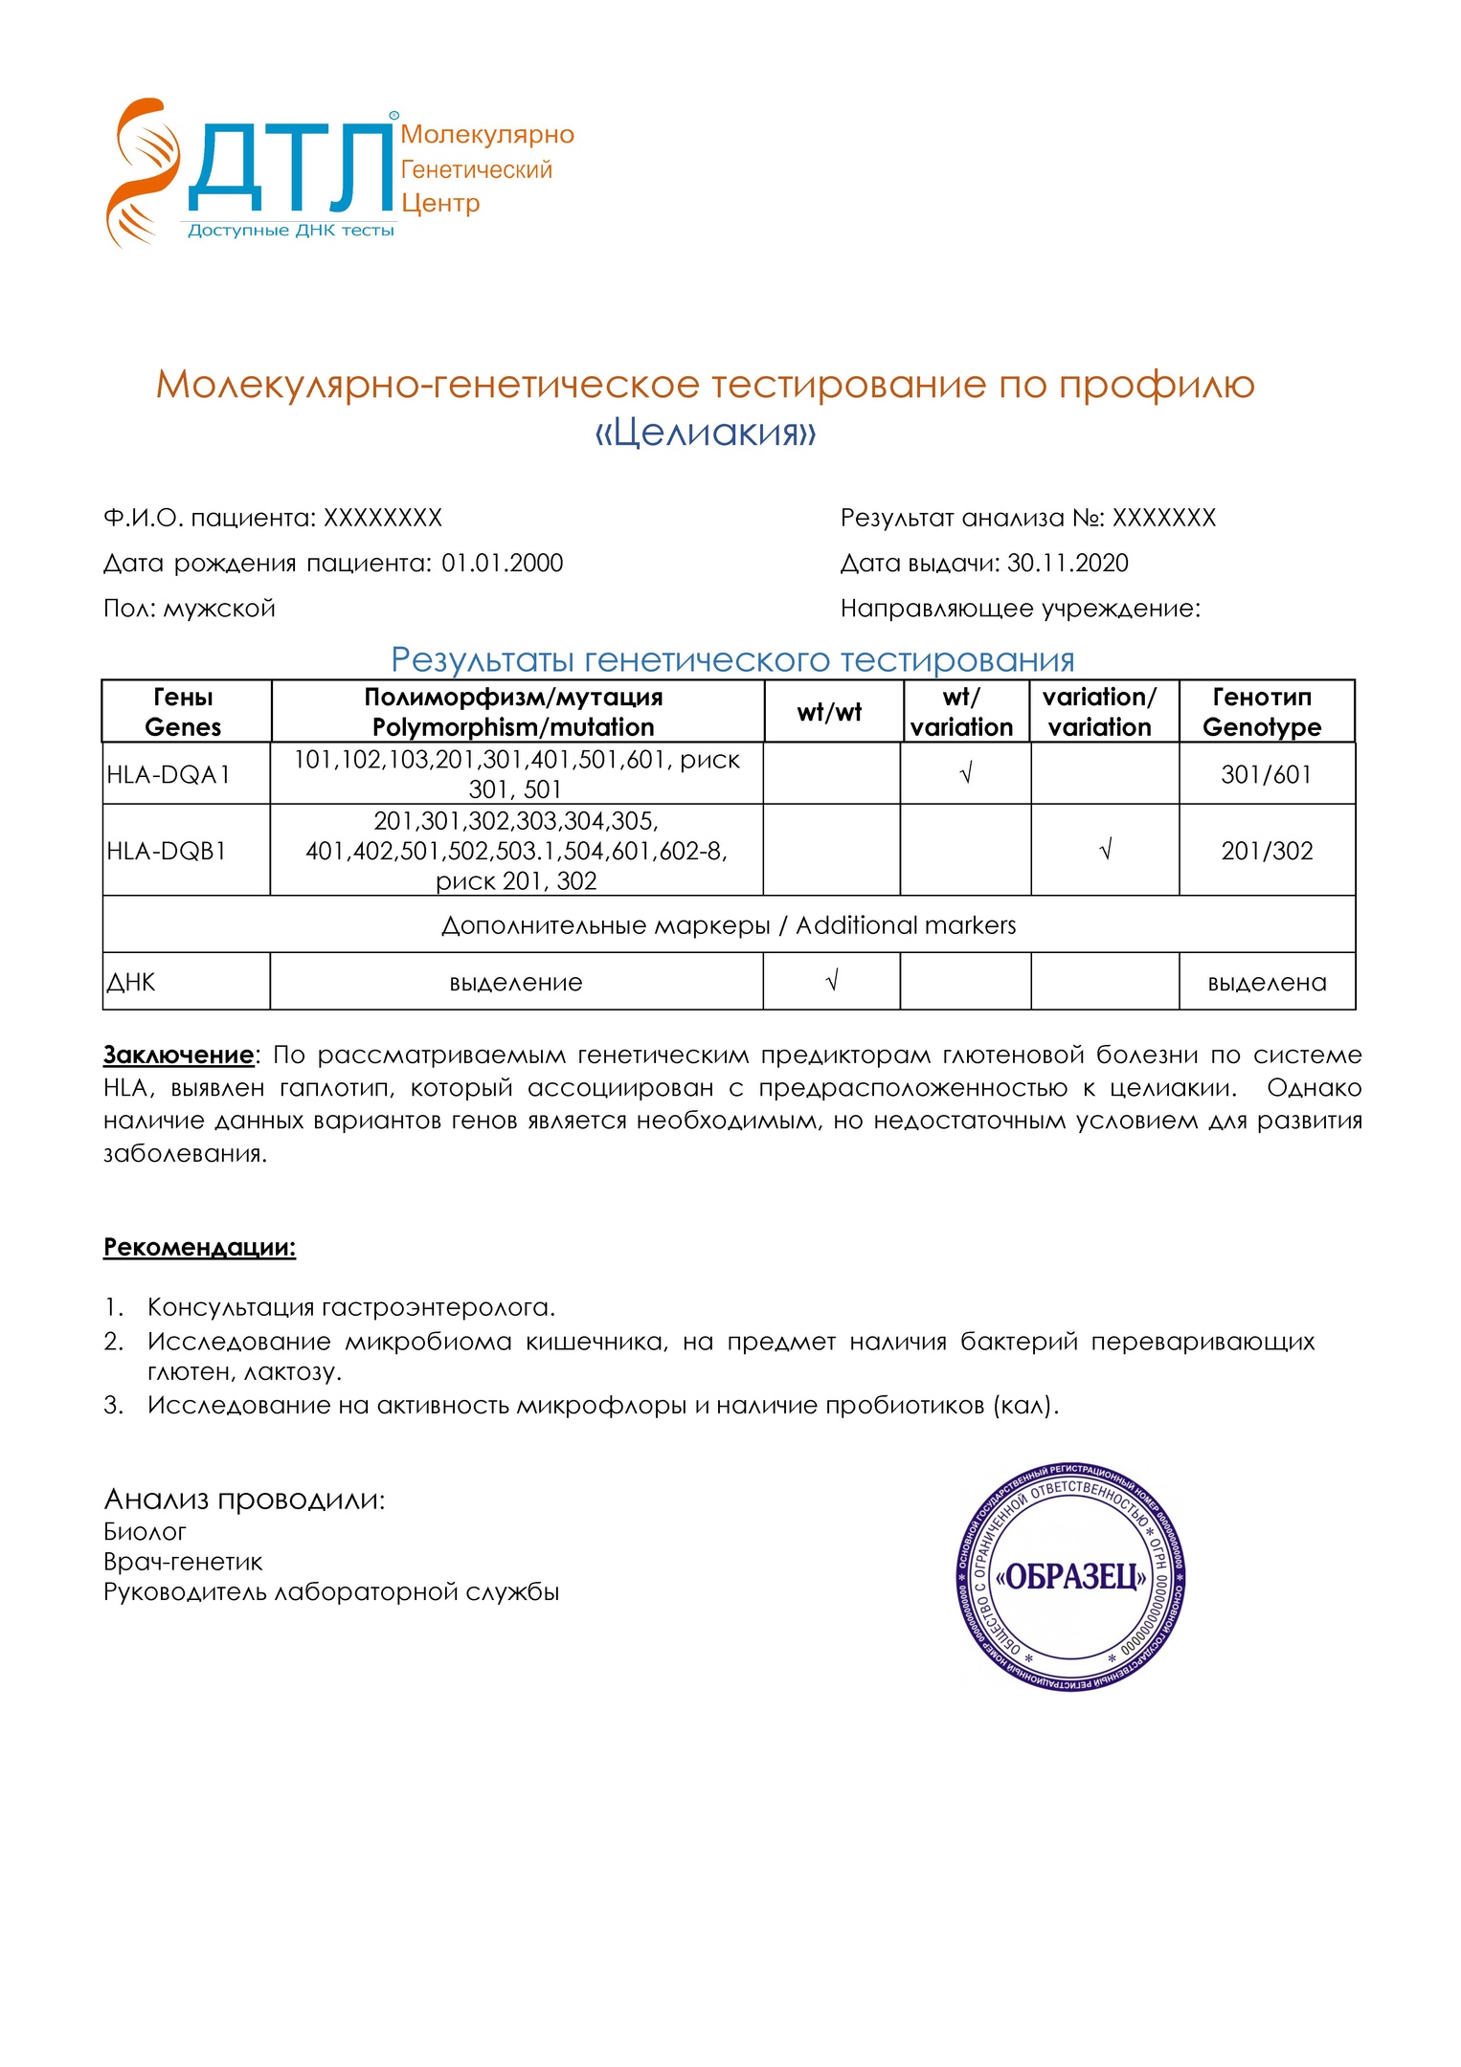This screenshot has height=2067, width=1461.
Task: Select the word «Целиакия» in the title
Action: tap(706, 433)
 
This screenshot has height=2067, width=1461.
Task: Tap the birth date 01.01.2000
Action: tap(502, 563)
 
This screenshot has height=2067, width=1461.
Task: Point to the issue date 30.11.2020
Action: tap(1068, 563)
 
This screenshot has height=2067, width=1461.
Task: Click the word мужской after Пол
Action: tap(219, 609)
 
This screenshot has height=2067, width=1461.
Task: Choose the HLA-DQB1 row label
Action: tap(167, 851)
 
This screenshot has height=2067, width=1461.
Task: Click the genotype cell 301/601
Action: tap(1266, 774)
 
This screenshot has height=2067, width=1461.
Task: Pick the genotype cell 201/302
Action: tap(1266, 851)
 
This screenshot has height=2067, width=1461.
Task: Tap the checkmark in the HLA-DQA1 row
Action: tap(965, 773)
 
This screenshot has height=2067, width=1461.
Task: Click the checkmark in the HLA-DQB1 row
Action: tap(1105, 850)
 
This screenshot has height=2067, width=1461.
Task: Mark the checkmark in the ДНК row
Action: tap(831, 980)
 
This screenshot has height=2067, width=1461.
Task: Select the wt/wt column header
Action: tap(829, 712)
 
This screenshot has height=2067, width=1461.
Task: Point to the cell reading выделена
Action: tap(1266, 983)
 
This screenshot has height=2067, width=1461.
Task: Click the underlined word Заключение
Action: tap(179, 1055)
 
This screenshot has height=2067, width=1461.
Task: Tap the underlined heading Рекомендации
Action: tap(199, 1247)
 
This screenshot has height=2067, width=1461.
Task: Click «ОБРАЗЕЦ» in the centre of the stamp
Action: tap(1070, 1576)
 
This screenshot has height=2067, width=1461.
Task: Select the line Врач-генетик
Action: tap(183, 1562)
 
